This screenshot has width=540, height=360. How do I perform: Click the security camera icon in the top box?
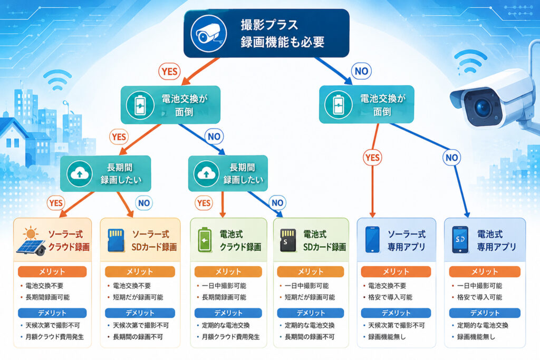click(x=209, y=34)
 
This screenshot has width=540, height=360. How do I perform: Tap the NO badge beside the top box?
click(x=361, y=71)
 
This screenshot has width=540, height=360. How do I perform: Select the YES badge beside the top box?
click(x=169, y=72)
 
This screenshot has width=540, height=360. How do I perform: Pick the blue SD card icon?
click(x=115, y=240)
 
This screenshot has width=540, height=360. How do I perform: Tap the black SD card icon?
click(x=288, y=240)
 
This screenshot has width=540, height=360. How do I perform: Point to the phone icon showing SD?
click(x=460, y=239)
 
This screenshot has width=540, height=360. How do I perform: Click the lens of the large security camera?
click(x=482, y=106)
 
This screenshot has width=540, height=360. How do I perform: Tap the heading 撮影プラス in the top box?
click(x=269, y=25)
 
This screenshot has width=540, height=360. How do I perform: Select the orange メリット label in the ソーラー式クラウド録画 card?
click(x=52, y=271)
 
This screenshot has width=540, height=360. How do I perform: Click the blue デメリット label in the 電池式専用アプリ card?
click(x=485, y=313)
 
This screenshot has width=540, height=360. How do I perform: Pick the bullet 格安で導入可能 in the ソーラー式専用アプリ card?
click(x=390, y=297)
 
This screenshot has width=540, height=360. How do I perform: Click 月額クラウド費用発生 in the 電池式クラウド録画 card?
click(x=231, y=337)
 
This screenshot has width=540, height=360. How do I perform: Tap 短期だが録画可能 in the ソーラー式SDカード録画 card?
click(x=138, y=297)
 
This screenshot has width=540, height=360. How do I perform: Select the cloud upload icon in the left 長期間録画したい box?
click(x=80, y=173)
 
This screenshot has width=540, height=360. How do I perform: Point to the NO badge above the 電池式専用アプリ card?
click(x=451, y=158)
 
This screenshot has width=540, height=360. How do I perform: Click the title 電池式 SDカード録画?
click(x=324, y=240)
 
